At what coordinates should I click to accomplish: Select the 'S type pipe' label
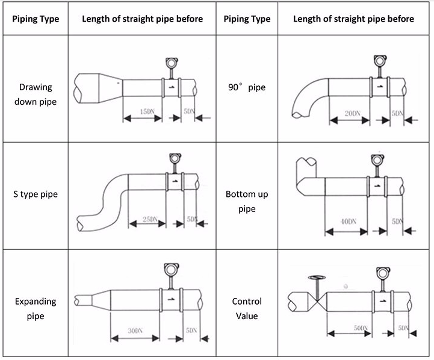(x=36, y=194)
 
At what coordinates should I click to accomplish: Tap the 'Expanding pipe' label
(x=36, y=308)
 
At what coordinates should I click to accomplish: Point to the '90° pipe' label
(x=247, y=87)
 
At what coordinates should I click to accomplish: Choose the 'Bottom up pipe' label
(x=247, y=201)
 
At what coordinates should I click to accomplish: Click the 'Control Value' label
(x=247, y=308)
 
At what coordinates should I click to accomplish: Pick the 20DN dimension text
(x=353, y=113)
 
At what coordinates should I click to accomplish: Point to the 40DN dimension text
(x=349, y=222)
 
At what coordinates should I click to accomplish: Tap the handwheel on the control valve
(x=314, y=278)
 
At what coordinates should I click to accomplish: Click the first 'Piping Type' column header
(x=36, y=19)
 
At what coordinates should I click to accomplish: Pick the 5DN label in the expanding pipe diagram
(x=191, y=331)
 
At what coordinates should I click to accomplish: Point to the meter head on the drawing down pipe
(x=170, y=62)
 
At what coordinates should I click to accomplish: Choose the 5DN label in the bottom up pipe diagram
(x=397, y=222)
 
